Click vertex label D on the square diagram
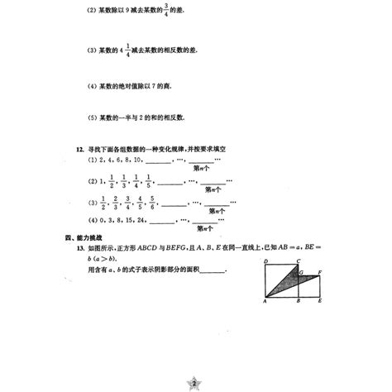(x=264, y=262)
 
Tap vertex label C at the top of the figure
(x=299, y=261)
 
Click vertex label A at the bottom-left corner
(x=263, y=303)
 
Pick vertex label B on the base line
(x=297, y=303)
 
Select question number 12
(x=79, y=147)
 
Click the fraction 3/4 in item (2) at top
(x=171, y=11)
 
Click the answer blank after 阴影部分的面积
(x=213, y=270)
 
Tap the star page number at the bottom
(x=195, y=383)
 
